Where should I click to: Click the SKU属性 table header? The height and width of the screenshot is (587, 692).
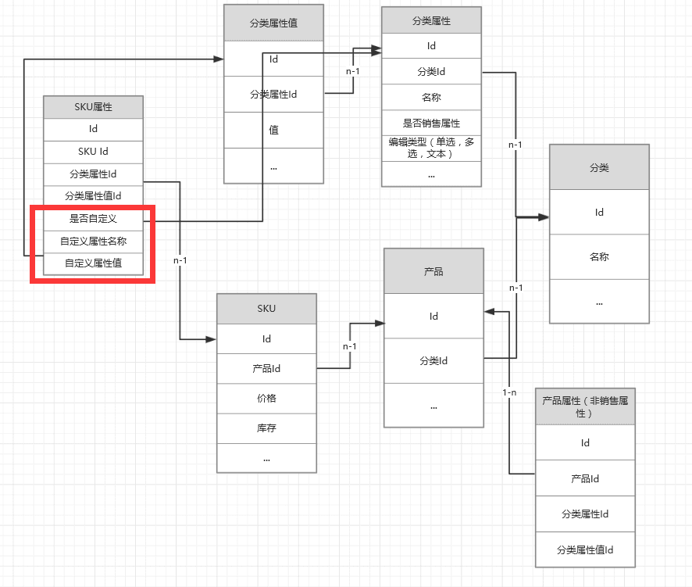[x=93, y=107]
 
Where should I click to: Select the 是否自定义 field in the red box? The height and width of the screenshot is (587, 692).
[x=93, y=218]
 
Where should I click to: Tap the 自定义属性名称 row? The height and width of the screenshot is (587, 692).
[x=93, y=241]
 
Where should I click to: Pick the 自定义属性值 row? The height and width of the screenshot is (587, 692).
[x=93, y=263]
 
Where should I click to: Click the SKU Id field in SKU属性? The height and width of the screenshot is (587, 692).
[x=93, y=151]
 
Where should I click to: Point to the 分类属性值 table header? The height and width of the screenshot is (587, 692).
[x=273, y=23]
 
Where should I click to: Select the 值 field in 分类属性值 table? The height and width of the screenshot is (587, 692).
[x=273, y=130]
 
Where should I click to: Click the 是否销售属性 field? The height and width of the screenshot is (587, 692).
[x=431, y=123]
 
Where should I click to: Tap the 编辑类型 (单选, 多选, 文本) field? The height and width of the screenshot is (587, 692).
[x=431, y=148]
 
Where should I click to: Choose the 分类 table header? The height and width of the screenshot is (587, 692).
[x=599, y=167]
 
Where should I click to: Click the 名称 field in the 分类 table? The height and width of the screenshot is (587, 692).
[x=599, y=256]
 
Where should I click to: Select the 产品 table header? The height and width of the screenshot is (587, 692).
[x=433, y=271]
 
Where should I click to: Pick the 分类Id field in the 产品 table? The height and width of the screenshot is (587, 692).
[x=433, y=361]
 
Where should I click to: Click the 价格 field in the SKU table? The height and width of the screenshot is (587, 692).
[x=266, y=399]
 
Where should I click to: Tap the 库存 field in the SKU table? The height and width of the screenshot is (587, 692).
[x=266, y=428]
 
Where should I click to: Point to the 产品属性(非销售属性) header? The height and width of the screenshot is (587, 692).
[x=585, y=406]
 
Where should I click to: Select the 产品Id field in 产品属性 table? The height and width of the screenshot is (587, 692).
[x=585, y=478]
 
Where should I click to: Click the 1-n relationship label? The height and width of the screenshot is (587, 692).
[x=509, y=392]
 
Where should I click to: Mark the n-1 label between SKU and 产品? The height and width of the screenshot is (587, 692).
[x=350, y=346]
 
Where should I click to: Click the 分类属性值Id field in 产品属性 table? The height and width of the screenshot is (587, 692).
[x=585, y=549]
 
